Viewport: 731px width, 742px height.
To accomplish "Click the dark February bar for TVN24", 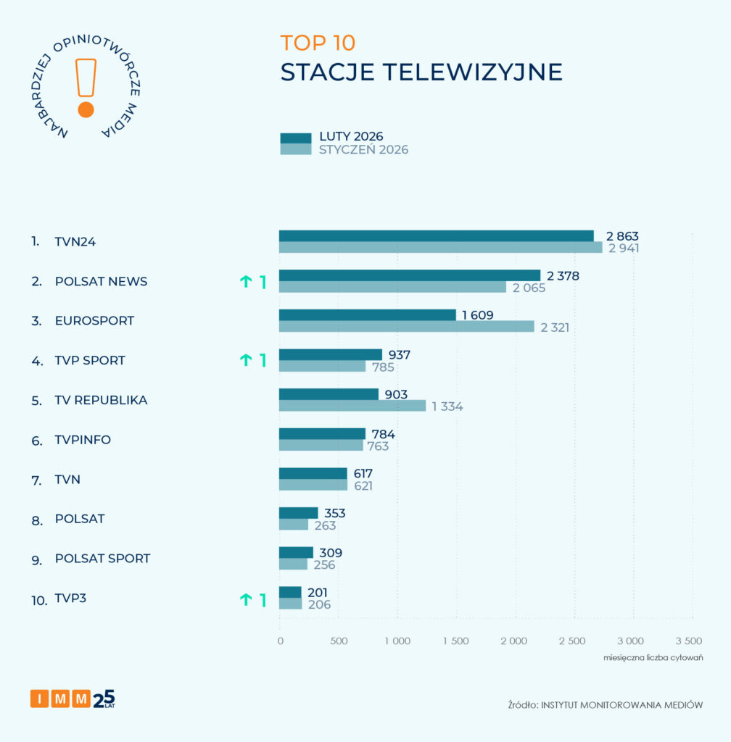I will point(436,235).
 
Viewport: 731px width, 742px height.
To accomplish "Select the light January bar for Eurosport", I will point(406,327).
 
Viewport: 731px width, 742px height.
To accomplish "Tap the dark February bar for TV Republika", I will point(329,394).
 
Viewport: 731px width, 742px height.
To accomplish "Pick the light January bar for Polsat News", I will point(392,287).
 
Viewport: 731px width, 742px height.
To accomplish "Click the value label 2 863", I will point(622,236).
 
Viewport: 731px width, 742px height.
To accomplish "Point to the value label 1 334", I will point(447,407).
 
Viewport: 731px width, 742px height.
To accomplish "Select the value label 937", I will point(399,355).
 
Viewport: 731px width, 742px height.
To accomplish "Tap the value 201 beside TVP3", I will point(318,593).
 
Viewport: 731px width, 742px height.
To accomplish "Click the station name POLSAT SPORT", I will point(102,559).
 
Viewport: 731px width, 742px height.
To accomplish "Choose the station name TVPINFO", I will point(83,440).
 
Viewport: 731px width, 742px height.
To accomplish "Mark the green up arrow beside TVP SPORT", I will point(246,360).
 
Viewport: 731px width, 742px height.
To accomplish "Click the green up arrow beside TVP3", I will point(246,599).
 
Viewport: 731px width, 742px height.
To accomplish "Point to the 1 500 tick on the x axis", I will point(455,641).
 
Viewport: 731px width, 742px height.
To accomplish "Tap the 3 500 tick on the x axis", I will point(688,641).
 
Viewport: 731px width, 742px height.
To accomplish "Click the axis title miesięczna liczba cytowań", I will point(653,657).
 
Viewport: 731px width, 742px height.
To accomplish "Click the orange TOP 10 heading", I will point(318,43).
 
